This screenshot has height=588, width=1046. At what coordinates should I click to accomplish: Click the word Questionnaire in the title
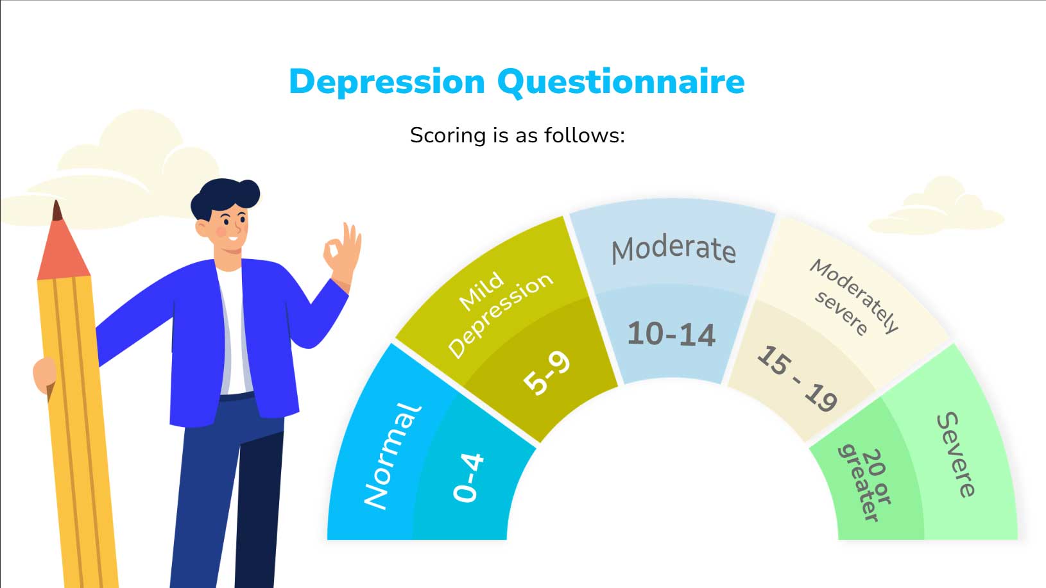[621, 83]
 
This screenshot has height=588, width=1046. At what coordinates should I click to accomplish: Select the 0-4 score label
[468, 478]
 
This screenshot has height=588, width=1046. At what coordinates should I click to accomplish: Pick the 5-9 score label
[546, 373]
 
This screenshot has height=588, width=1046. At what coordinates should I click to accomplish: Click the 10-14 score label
[671, 334]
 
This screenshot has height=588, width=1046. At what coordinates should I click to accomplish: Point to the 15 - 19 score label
[797, 378]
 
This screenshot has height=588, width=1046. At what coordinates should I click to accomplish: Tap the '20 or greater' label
[865, 484]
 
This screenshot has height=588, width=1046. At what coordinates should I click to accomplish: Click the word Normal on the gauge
[392, 456]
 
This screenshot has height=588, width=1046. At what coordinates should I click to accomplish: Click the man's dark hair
[225, 197]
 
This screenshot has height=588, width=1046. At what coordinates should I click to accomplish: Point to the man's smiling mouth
[232, 239]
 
